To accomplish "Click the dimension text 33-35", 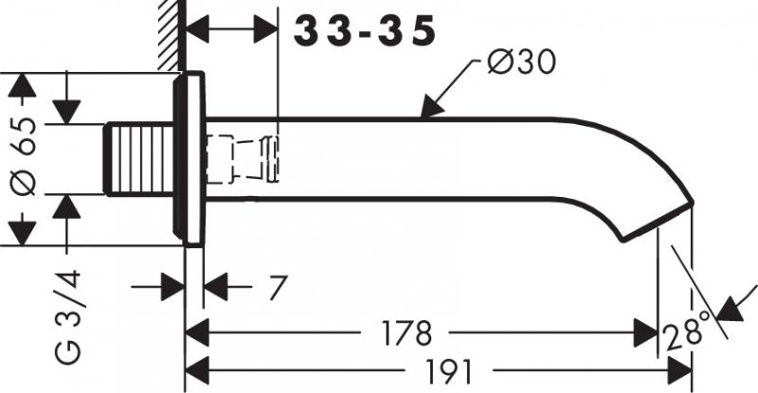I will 364,32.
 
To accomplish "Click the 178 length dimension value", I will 407,333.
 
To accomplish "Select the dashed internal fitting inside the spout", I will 244,158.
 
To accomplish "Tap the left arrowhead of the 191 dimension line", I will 195,368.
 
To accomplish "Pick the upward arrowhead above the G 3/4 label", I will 67,205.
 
